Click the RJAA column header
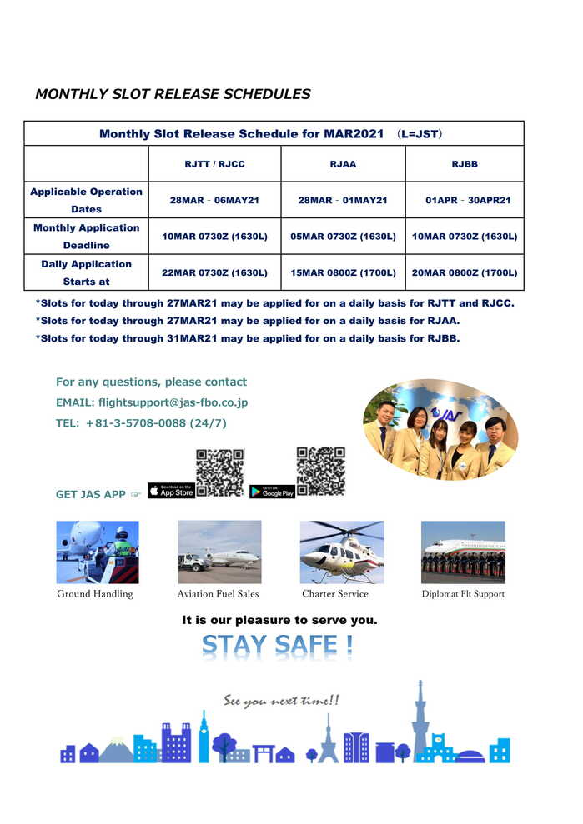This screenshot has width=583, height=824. click(x=343, y=164)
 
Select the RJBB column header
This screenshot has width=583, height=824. click(x=465, y=164)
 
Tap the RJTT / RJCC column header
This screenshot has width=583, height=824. click(x=214, y=164)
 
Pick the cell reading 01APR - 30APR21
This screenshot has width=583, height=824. click(x=468, y=201)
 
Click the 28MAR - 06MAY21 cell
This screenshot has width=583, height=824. click(x=214, y=201)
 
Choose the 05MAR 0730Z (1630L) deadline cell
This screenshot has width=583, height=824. click(x=343, y=237)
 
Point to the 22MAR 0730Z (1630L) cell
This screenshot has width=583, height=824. click(x=214, y=272)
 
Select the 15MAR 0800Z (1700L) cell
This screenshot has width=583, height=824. click(x=343, y=272)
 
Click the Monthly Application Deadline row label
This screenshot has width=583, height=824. click(x=86, y=237)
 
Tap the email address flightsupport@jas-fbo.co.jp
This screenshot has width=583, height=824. click(x=173, y=402)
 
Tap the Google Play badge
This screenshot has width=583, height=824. click(x=272, y=492)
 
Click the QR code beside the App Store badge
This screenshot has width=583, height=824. click(x=219, y=472)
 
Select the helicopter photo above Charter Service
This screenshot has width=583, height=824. click(x=342, y=552)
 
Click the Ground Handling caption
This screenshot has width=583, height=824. click(x=95, y=594)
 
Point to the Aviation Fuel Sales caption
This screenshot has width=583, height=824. click(x=218, y=594)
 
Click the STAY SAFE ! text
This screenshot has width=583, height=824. click(x=277, y=646)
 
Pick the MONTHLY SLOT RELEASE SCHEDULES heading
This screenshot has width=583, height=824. click(x=173, y=94)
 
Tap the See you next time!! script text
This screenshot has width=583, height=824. click(x=281, y=702)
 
